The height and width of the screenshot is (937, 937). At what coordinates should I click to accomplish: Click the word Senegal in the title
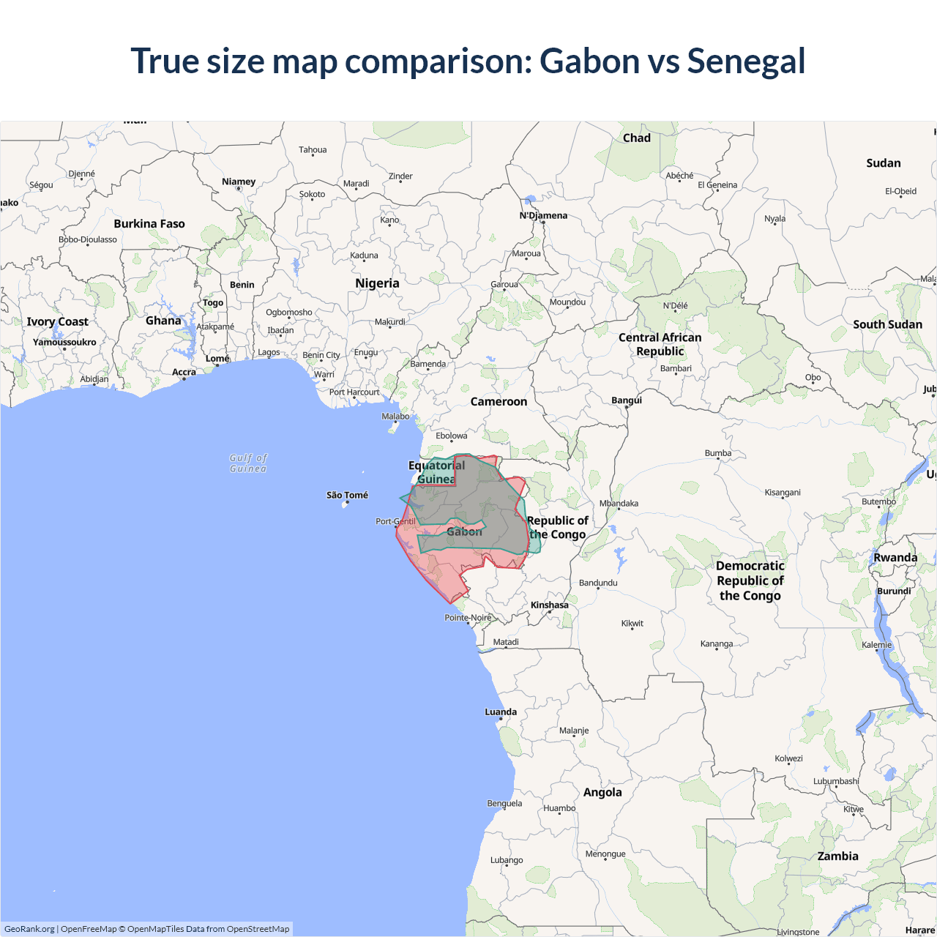(746, 61)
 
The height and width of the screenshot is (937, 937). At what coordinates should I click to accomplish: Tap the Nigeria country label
(377, 283)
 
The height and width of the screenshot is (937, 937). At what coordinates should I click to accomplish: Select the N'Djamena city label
(543, 215)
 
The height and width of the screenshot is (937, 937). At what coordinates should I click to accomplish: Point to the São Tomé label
(347, 496)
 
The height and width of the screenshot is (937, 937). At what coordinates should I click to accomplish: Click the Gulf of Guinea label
(248, 463)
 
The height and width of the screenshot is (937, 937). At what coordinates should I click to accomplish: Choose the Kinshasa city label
(549, 605)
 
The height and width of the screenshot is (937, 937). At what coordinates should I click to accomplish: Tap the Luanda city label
(501, 712)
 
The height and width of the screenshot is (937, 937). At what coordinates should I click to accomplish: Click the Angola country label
(602, 792)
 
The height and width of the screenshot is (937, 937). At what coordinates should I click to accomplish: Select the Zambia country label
(837, 856)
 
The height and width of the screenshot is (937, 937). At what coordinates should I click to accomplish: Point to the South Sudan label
(887, 324)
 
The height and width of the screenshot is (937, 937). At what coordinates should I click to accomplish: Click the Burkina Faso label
(149, 224)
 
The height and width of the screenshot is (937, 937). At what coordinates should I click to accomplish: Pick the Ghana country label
(163, 321)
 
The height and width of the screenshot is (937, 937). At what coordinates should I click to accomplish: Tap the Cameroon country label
(499, 402)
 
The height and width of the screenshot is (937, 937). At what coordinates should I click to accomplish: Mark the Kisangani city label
(783, 492)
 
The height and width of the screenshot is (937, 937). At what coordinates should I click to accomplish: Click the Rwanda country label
(895, 558)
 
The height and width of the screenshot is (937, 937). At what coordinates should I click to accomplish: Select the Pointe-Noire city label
(468, 617)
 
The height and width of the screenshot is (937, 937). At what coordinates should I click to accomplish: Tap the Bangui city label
(627, 400)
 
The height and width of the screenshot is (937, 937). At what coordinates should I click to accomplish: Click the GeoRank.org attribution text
(29, 929)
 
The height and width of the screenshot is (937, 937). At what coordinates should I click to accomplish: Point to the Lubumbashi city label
(836, 781)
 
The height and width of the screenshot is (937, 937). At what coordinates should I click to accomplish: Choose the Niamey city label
(239, 182)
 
